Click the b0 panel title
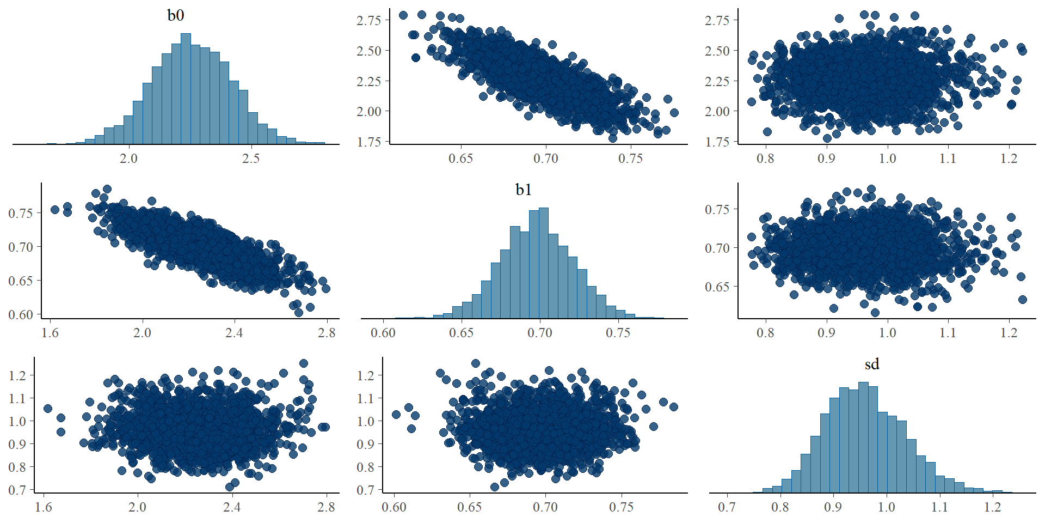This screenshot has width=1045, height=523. [x=175, y=15]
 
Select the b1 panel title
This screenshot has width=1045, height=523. [x=524, y=190]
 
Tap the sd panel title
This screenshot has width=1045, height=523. [x=872, y=364]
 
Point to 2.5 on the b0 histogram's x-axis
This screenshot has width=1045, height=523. [x=250, y=159]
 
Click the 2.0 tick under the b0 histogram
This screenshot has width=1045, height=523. [x=128, y=159]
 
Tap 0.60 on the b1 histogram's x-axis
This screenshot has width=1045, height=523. [x=383, y=333]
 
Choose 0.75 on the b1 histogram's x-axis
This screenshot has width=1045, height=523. [x=618, y=333]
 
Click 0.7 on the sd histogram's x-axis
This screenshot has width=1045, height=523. [x=727, y=507]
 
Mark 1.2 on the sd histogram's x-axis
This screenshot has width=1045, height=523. [x=993, y=507]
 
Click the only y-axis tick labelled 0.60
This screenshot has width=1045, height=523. [x=21, y=314]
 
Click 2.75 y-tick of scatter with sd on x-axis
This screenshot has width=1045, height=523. [x=717, y=20]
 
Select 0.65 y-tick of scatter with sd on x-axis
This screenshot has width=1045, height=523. [x=717, y=287]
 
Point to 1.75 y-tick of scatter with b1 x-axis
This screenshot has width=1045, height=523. [x=368, y=142]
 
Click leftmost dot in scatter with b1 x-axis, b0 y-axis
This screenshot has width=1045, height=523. [x=403, y=15]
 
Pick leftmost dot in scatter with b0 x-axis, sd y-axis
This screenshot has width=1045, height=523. [x=48, y=409]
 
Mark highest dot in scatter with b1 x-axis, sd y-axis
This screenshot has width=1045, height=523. [x=475, y=363]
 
